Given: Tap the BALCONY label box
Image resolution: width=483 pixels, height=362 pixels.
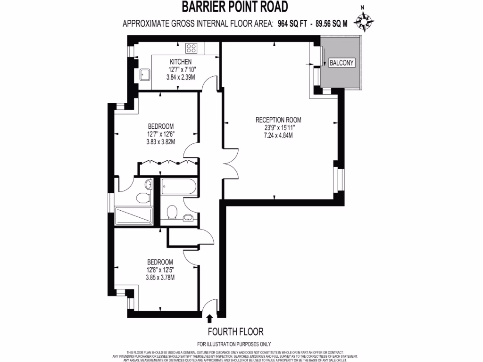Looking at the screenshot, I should coord(341,63).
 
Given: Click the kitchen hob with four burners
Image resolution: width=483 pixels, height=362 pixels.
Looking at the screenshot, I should coord(191,47).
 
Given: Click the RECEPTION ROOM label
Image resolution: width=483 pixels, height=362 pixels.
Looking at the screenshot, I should coord(278,120).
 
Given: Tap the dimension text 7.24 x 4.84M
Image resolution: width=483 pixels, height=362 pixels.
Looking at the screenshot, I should coord(278,136).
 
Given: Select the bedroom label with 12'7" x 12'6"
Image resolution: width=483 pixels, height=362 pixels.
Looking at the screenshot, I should coord(161,126).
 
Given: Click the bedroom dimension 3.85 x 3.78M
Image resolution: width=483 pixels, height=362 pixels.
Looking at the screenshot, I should coord(160,278).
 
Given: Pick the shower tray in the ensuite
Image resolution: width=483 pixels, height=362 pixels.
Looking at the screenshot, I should coord(133,215).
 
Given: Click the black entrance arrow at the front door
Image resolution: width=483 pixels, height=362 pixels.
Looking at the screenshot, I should coord(209,321).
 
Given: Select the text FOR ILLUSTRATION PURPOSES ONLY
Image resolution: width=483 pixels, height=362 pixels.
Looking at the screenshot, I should coord(234,344).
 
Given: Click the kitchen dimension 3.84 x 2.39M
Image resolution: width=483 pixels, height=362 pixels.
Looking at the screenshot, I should coord(181,76).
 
